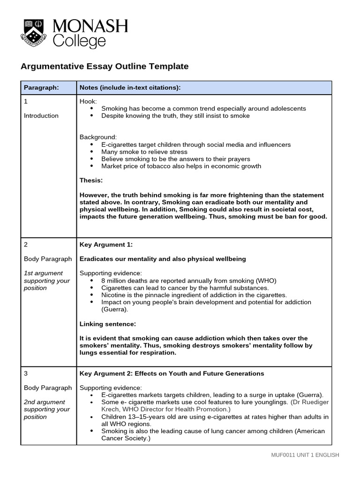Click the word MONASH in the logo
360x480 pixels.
(x=90, y=26)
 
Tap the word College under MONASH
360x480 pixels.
(x=79, y=41)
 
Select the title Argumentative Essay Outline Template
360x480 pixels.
(x=105, y=67)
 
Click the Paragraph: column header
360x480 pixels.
(x=41, y=88)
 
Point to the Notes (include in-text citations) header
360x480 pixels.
(x=130, y=88)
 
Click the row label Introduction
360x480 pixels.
(x=41, y=116)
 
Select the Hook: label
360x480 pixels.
(x=88, y=101)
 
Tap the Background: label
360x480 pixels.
(x=98, y=137)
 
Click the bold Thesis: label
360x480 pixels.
(x=91, y=180)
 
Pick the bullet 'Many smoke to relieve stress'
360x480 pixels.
(x=144, y=152)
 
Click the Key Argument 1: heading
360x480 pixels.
(x=106, y=245)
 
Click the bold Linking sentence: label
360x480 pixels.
(x=108, y=324)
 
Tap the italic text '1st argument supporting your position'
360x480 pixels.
(x=46, y=280)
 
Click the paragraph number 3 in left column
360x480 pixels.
(x=26, y=374)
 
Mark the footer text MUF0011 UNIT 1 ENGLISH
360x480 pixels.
(x=305, y=455)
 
